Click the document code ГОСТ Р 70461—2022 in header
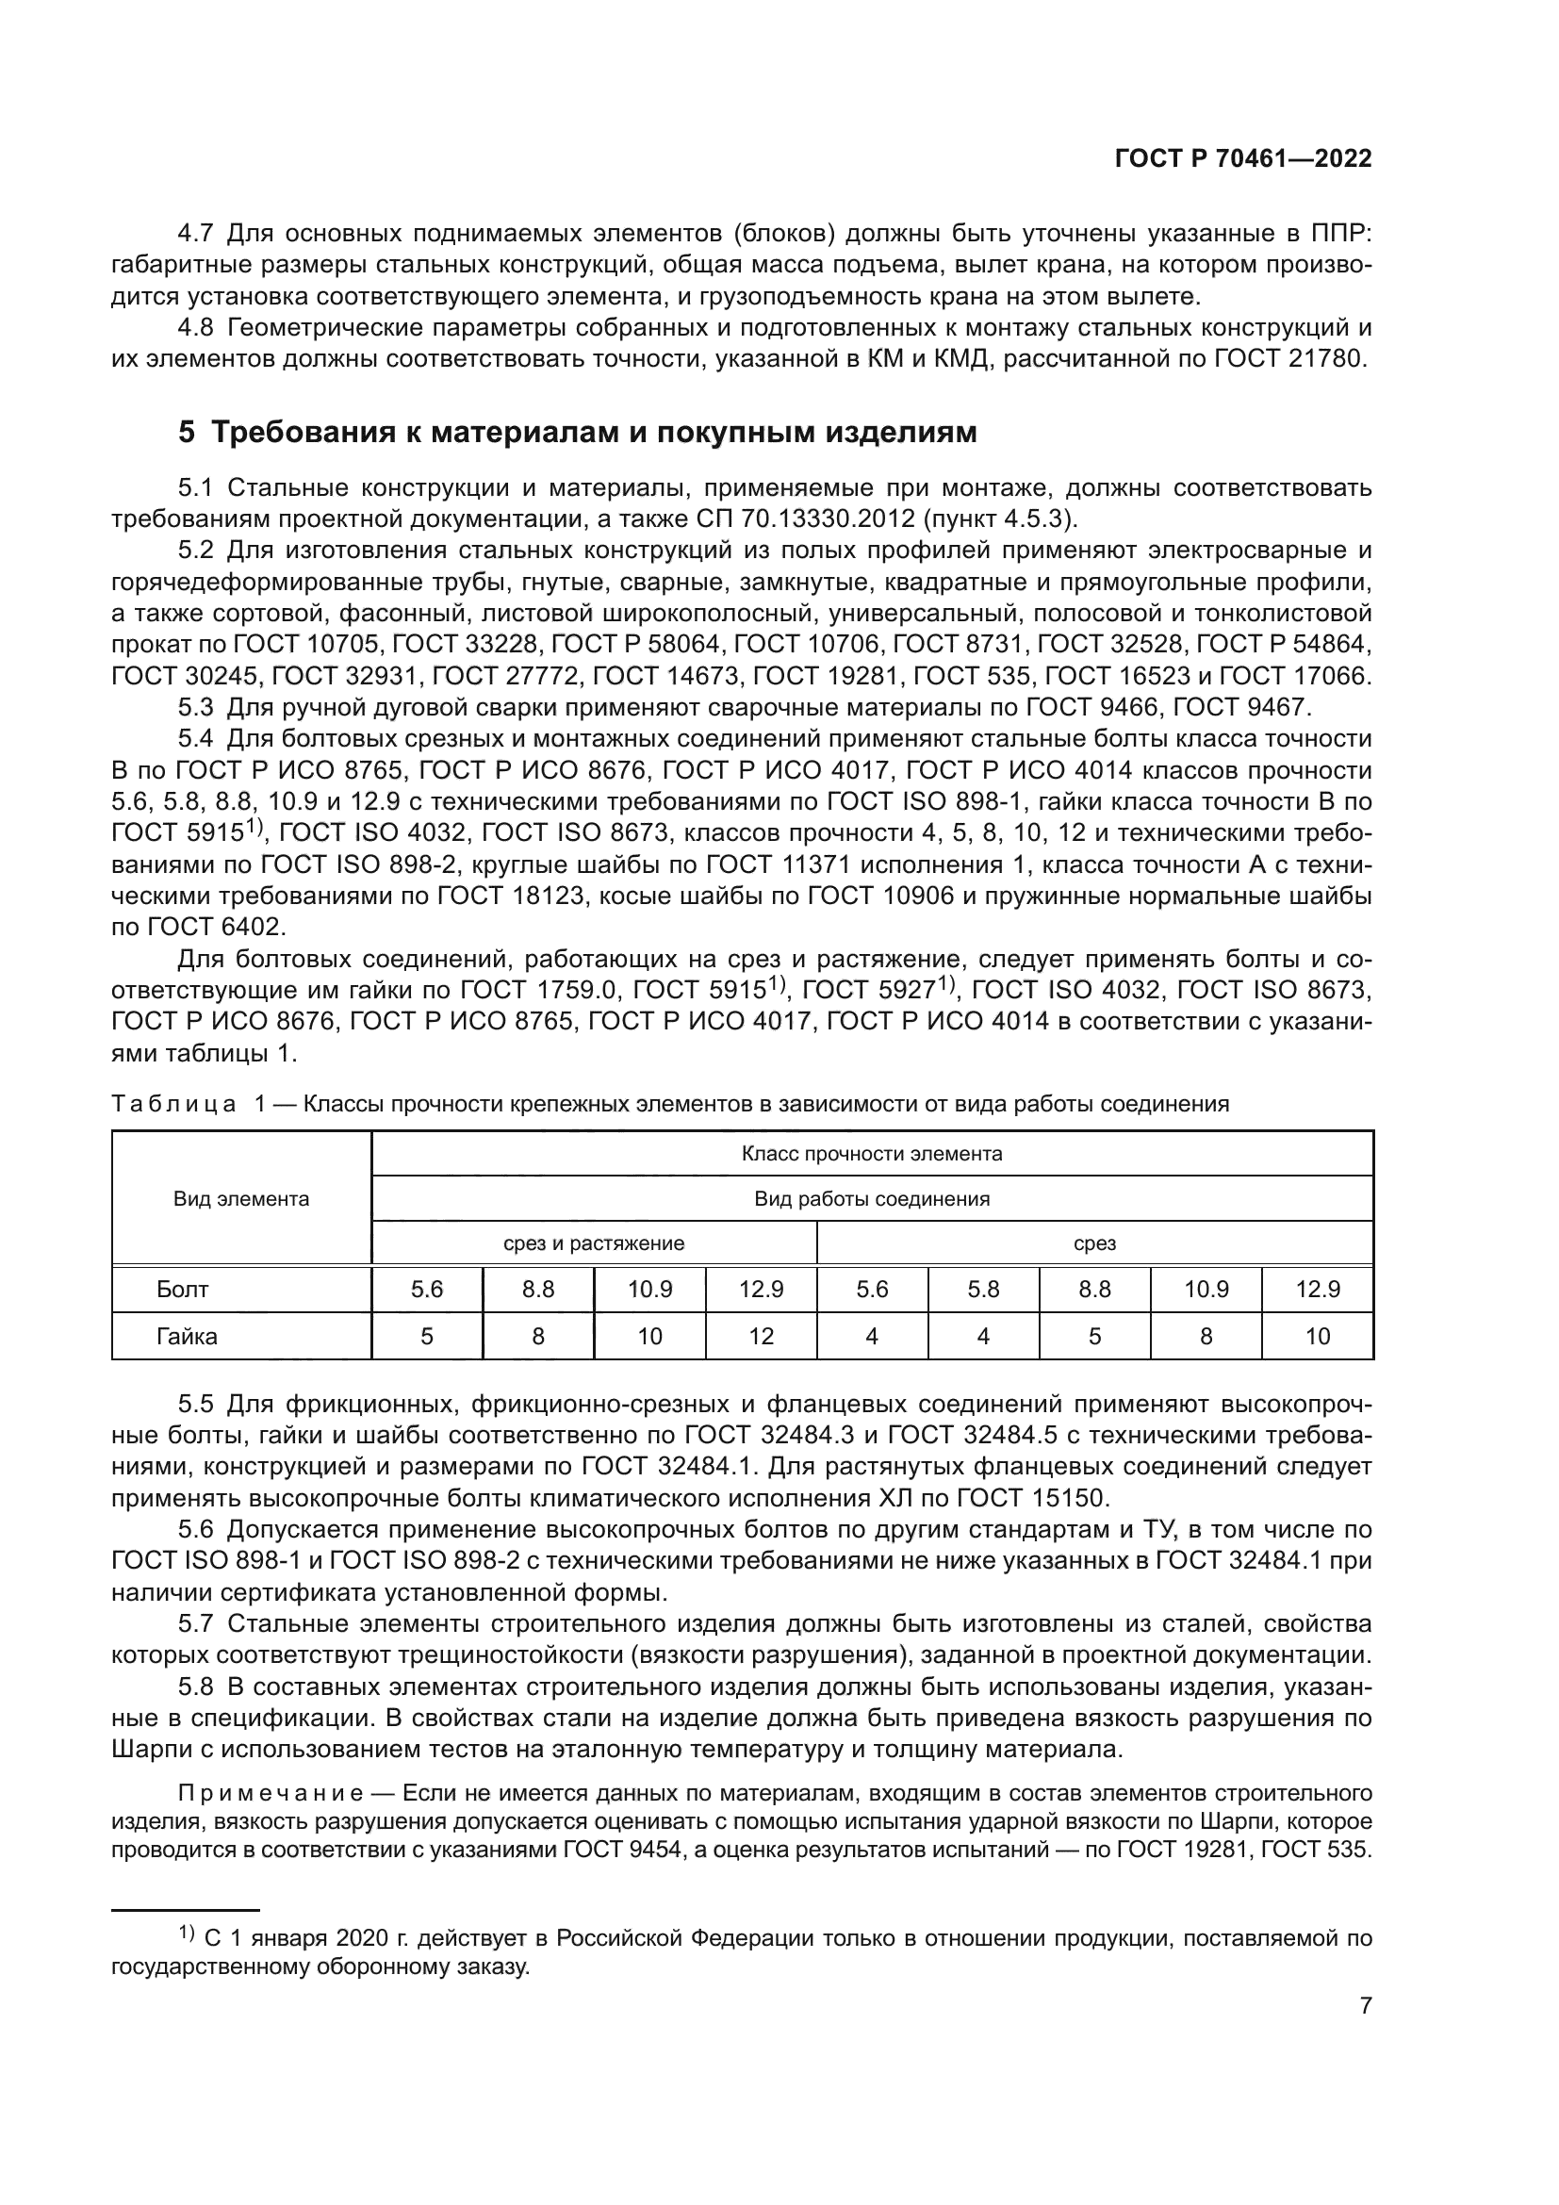point(1242,159)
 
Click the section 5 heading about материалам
point(577,432)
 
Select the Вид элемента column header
point(241,1198)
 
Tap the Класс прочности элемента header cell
point(872,1153)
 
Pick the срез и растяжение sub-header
point(593,1243)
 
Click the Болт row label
point(183,1290)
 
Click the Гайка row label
point(188,1337)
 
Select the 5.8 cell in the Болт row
point(983,1290)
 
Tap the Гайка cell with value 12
point(761,1337)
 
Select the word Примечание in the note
point(270,1793)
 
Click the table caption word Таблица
point(173,1105)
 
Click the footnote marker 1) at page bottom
point(187,1934)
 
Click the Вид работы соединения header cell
point(872,1198)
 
